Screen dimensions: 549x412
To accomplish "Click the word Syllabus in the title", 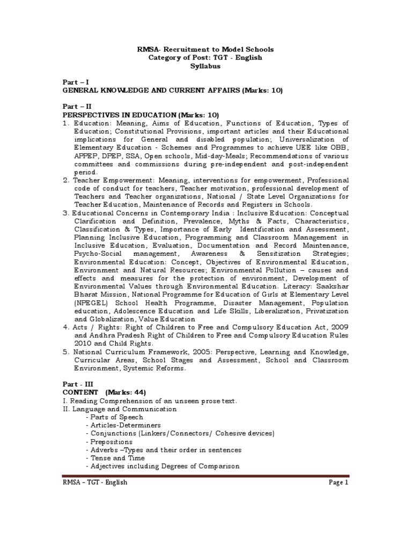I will (x=205, y=66).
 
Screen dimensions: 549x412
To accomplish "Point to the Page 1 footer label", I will (x=339, y=483).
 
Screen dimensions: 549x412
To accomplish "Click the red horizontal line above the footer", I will (x=206, y=475).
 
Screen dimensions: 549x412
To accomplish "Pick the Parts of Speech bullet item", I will (x=116, y=417).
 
